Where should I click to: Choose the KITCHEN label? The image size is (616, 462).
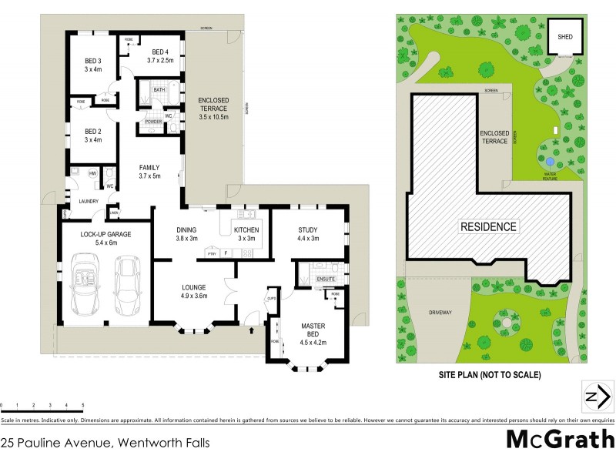coord(246,229)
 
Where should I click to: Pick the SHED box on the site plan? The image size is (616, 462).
coord(564,36)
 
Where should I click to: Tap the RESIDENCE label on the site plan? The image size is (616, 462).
coord(489,227)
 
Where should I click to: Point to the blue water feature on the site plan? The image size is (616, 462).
coord(549,162)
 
